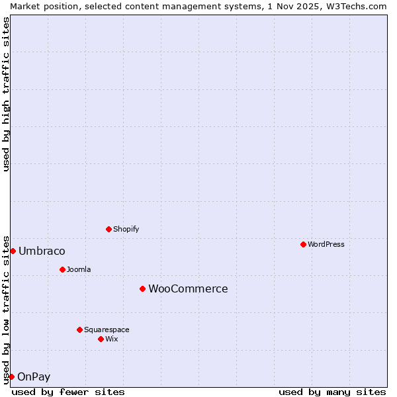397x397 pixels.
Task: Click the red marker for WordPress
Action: pyautogui.click(x=303, y=244)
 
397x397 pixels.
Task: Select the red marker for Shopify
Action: pyautogui.click(x=109, y=229)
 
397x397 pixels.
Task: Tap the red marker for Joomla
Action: pyautogui.click(x=62, y=269)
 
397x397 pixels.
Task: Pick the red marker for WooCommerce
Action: pyautogui.click(x=142, y=288)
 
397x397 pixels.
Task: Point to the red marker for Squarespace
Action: pyautogui.click(x=79, y=330)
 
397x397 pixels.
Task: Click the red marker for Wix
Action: pyautogui.click(x=101, y=339)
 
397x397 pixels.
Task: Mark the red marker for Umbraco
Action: pyautogui.click(x=13, y=251)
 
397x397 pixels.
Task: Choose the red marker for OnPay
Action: pyautogui.click(x=11, y=376)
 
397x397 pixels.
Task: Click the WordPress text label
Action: pyautogui.click(x=326, y=244)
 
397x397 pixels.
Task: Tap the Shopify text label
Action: pyautogui.click(x=126, y=229)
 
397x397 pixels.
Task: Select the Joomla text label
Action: pyautogui.click(x=79, y=269)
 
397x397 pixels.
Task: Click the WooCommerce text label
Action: pyautogui.click(x=188, y=288)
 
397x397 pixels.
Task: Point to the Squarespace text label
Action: pyautogui.click(x=107, y=330)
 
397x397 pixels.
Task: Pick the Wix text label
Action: pyautogui.click(x=112, y=339)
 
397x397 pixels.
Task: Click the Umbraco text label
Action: pyautogui.click(x=42, y=251)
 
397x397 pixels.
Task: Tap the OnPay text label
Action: pyautogui.click(x=34, y=377)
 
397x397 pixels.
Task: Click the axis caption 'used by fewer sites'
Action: pyautogui.click(x=68, y=392)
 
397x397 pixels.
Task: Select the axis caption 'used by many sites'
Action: pyautogui.click(x=332, y=392)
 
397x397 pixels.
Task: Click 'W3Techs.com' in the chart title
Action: pyautogui.click(x=356, y=6)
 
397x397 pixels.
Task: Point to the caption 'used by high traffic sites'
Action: pyautogui.click(x=6, y=94)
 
